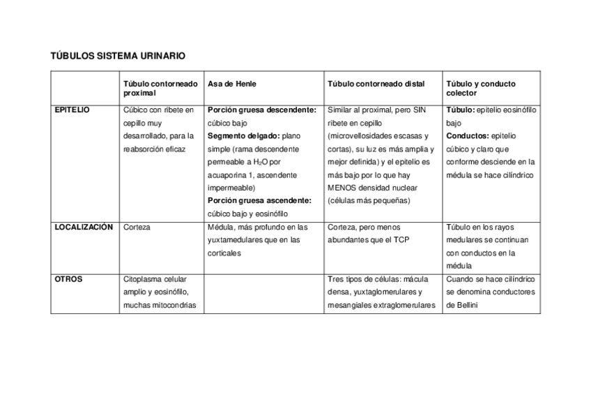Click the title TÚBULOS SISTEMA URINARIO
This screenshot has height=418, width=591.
(x=118, y=55)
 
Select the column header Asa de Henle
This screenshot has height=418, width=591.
(x=232, y=84)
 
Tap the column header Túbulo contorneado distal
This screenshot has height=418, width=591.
(x=376, y=84)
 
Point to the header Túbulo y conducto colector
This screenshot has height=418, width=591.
(x=481, y=88)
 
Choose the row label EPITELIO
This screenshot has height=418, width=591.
(x=72, y=110)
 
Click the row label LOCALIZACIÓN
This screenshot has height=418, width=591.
(x=83, y=227)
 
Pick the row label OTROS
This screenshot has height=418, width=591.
(x=68, y=279)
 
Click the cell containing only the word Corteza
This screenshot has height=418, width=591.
(x=137, y=227)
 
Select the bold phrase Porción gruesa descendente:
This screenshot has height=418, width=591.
(x=262, y=110)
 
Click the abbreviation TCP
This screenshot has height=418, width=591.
(x=401, y=240)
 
